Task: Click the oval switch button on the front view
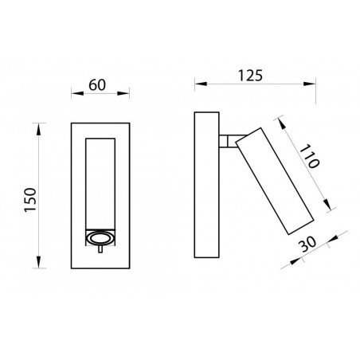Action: tap(99, 237)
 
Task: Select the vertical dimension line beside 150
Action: tap(40, 194)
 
